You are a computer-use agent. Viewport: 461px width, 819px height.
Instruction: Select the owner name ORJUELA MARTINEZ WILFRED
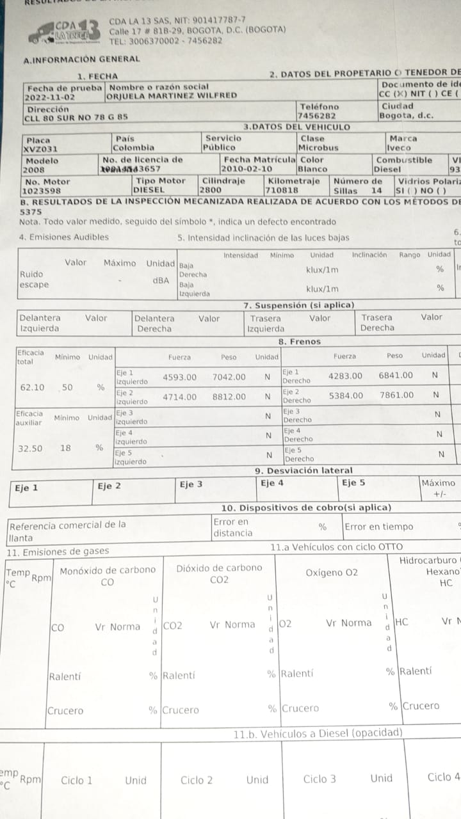pos(173,96)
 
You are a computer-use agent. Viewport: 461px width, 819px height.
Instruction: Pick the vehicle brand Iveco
pos(400,148)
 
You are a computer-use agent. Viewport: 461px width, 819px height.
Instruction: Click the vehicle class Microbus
pos(319,148)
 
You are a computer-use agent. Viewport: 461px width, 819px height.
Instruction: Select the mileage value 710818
pos(282,191)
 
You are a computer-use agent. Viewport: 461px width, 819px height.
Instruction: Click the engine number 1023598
pos(44,191)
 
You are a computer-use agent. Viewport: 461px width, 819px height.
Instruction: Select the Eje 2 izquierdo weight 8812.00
pos(229,397)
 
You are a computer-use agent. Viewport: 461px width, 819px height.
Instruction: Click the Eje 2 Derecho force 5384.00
pos(346,396)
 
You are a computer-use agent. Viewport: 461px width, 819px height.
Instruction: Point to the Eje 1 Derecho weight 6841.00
pos(396,376)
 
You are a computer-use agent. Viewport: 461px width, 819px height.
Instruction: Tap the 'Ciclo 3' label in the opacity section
pos(319,779)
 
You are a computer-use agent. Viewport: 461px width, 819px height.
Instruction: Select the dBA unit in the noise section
pos(161,280)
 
